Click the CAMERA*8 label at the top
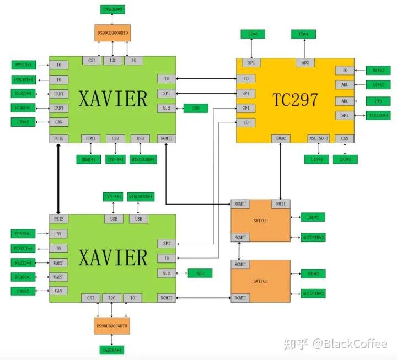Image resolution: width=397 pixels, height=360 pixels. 114,9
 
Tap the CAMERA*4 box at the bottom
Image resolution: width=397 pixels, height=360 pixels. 111,350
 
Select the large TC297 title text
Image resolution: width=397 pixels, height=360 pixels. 296,100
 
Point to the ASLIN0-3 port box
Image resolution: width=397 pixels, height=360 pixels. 318,138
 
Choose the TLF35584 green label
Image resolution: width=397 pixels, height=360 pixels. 379,116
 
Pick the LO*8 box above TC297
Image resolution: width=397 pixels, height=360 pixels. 253,35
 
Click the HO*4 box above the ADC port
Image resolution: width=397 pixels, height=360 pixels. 303,35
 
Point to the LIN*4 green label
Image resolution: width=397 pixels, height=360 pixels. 316,159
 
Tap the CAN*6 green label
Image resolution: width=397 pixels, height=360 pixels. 345,159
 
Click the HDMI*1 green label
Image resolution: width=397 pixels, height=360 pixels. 89,159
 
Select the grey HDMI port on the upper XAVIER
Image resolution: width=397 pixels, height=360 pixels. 90,138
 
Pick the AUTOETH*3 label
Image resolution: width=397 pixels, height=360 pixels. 313,294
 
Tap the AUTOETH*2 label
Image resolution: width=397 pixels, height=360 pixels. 313,237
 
